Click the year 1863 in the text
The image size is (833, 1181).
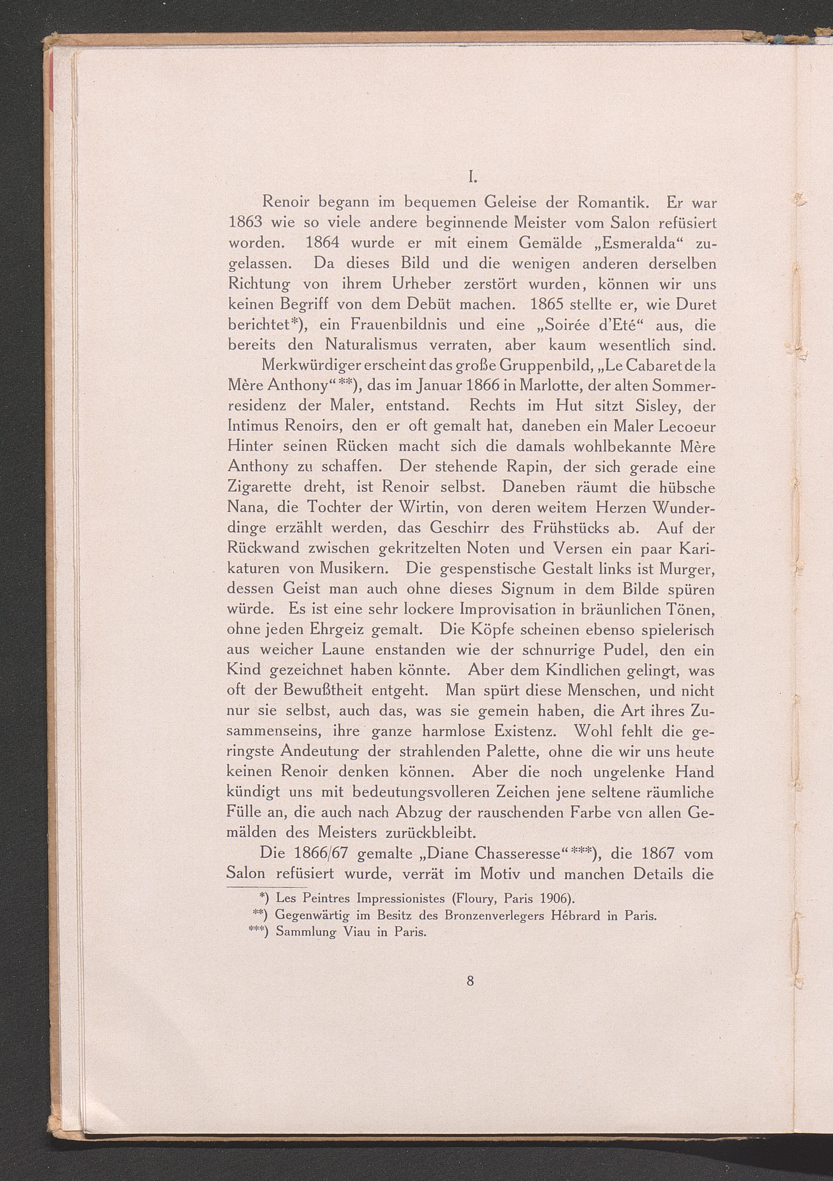[245, 223]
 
